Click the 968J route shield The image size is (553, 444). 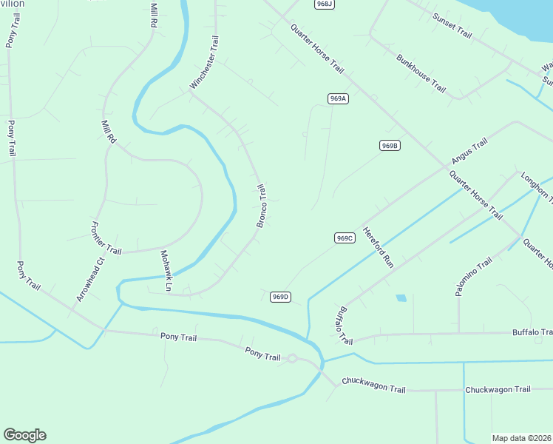click(x=324, y=4)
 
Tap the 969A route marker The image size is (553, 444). click(x=338, y=98)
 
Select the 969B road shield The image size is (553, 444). click(x=390, y=146)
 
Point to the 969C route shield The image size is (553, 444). click(x=345, y=238)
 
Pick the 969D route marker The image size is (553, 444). click(x=279, y=297)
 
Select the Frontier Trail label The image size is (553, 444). click(x=105, y=238)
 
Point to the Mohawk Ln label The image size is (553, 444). click(x=166, y=271)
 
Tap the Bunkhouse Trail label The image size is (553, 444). click(x=421, y=73)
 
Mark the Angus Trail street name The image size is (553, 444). click(x=469, y=152)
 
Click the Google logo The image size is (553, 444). click(x=24, y=435)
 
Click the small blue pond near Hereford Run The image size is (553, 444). click(x=401, y=298)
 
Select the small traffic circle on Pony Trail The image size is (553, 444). click(x=292, y=359)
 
